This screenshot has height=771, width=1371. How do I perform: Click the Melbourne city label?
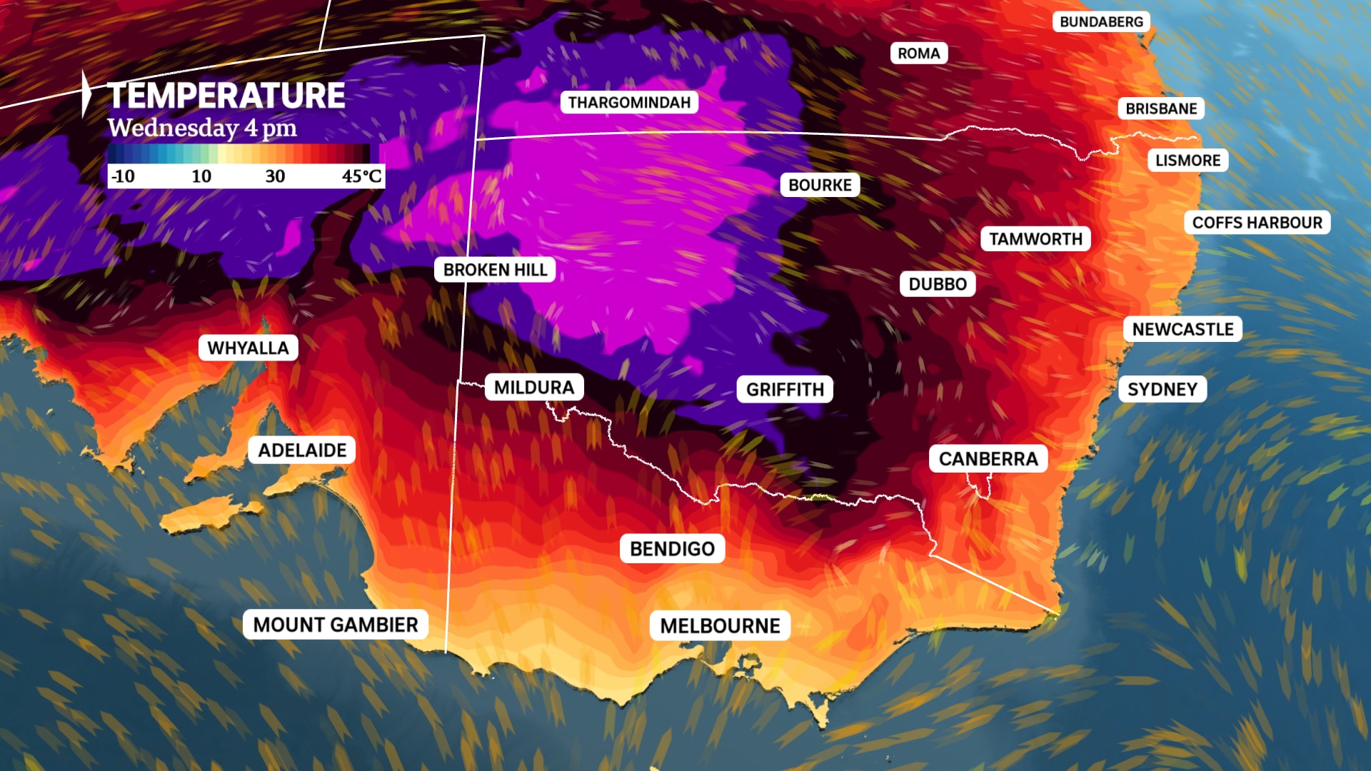720,625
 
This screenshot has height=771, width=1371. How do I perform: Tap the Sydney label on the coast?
1162,389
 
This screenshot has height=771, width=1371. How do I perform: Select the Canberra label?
988,458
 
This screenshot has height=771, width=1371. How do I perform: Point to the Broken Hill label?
495,270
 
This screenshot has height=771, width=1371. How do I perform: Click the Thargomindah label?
629,102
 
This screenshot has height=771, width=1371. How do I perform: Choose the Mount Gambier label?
336,625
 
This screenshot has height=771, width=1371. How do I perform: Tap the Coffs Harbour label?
1257,222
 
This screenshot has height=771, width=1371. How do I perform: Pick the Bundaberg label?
1101,21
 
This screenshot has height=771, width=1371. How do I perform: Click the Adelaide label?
302,450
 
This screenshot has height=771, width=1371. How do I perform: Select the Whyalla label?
248,348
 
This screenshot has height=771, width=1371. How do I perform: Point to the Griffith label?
785,389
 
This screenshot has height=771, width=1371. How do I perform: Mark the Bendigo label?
672,548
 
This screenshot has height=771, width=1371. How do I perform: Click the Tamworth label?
1035,238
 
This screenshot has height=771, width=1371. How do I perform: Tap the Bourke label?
820,185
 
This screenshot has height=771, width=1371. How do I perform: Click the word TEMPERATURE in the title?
226,96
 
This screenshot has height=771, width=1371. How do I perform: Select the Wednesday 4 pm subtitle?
202,128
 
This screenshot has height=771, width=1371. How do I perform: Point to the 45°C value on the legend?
361,176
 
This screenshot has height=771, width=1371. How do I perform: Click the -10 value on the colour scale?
123,176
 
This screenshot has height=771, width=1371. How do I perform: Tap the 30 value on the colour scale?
275,176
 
